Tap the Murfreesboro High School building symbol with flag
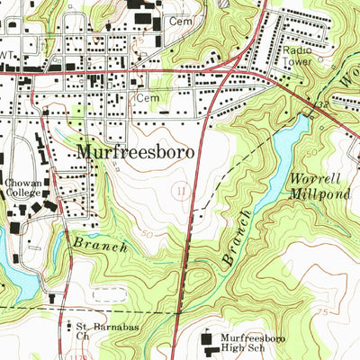click(x=212, y=337)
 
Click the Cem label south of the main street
click(x=146, y=96)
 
